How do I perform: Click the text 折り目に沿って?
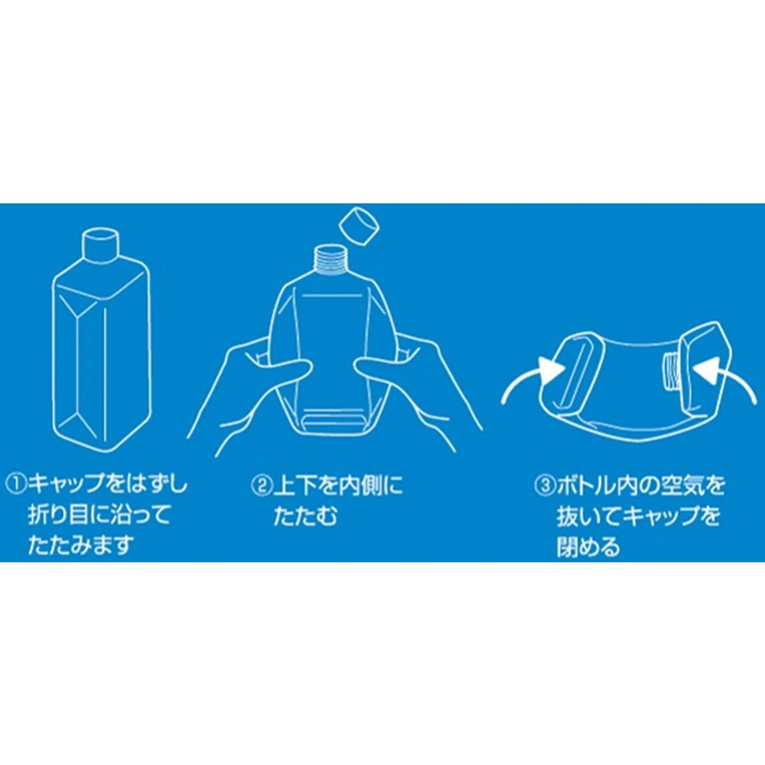pyautogui.click(x=99, y=516)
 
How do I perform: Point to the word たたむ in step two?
pyautogui.click(x=305, y=517)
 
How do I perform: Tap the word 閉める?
pyautogui.click(x=588, y=548)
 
